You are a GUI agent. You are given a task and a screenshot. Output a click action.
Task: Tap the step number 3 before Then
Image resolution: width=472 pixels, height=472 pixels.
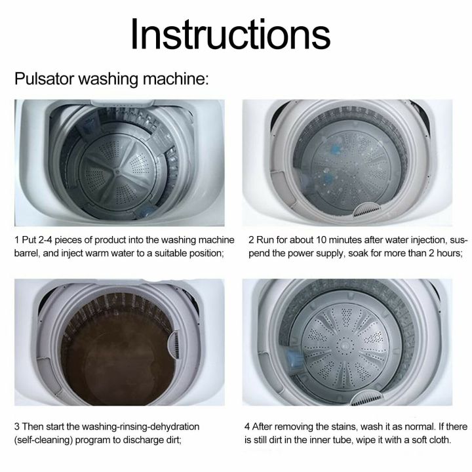[x=17, y=427]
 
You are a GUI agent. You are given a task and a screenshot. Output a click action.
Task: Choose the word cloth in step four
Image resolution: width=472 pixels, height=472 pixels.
[x=438, y=441]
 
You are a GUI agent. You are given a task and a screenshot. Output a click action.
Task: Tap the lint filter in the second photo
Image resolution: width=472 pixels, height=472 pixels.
[x=364, y=210]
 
